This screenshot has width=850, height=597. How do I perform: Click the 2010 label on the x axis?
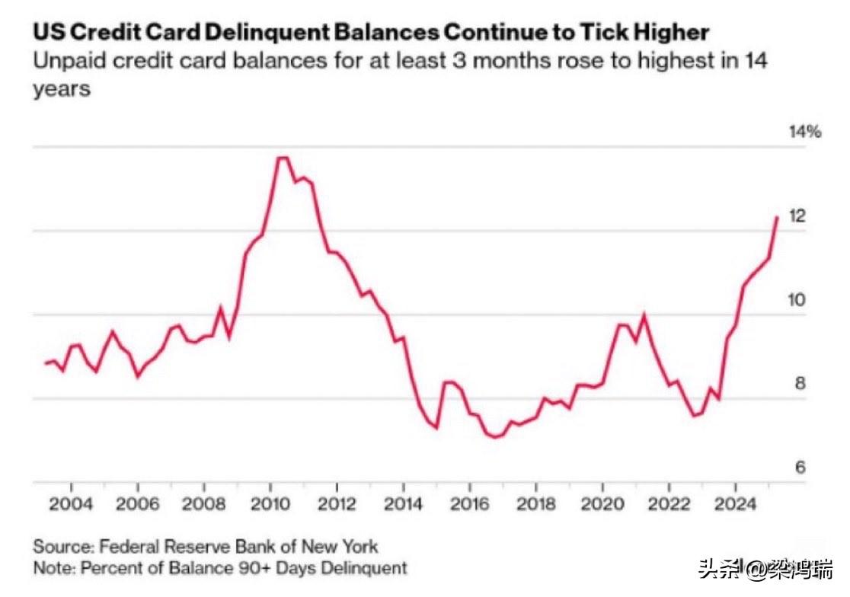[x=270, y=506]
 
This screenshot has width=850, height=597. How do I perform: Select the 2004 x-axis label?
[x=71, y=506]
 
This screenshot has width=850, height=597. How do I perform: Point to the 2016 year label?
[x=470, y=506]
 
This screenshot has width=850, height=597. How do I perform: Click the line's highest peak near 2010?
[x=282, y=158]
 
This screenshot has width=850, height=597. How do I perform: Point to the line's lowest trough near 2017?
[x=495, y=437]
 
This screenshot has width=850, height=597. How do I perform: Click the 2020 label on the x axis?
[x=602, y=506]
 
